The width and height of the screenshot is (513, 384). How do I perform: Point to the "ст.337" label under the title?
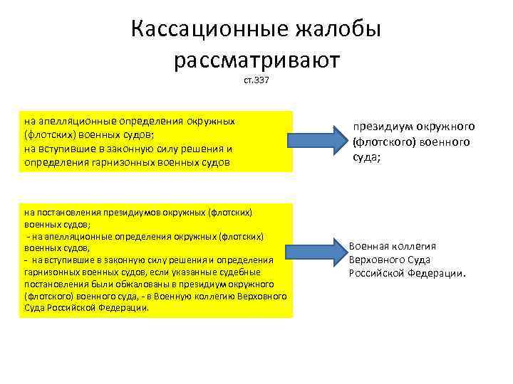pos(256,84)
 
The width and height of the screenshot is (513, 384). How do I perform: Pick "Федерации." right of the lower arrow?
pos(442,273)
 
